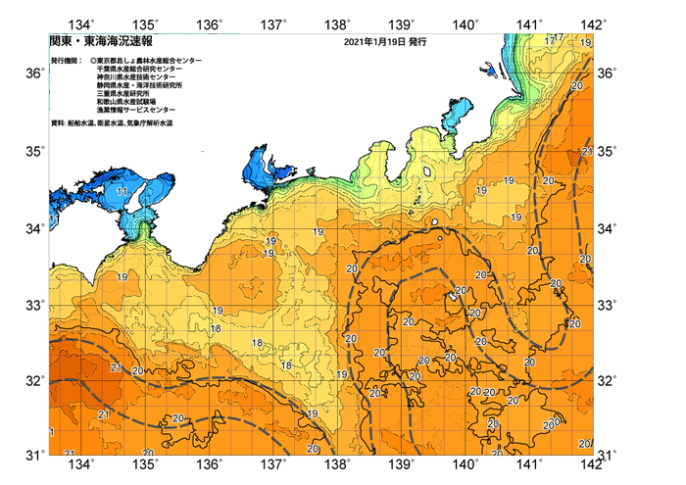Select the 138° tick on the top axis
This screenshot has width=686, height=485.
coord(339,24)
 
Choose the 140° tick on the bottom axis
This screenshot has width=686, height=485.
coord(466,463)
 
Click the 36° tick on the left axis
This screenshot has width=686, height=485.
coord(34,74)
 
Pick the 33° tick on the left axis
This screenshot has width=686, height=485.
coord(34,305)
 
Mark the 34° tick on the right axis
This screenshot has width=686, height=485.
coord(607,228)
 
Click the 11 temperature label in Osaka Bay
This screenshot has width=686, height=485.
coord(122,191)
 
